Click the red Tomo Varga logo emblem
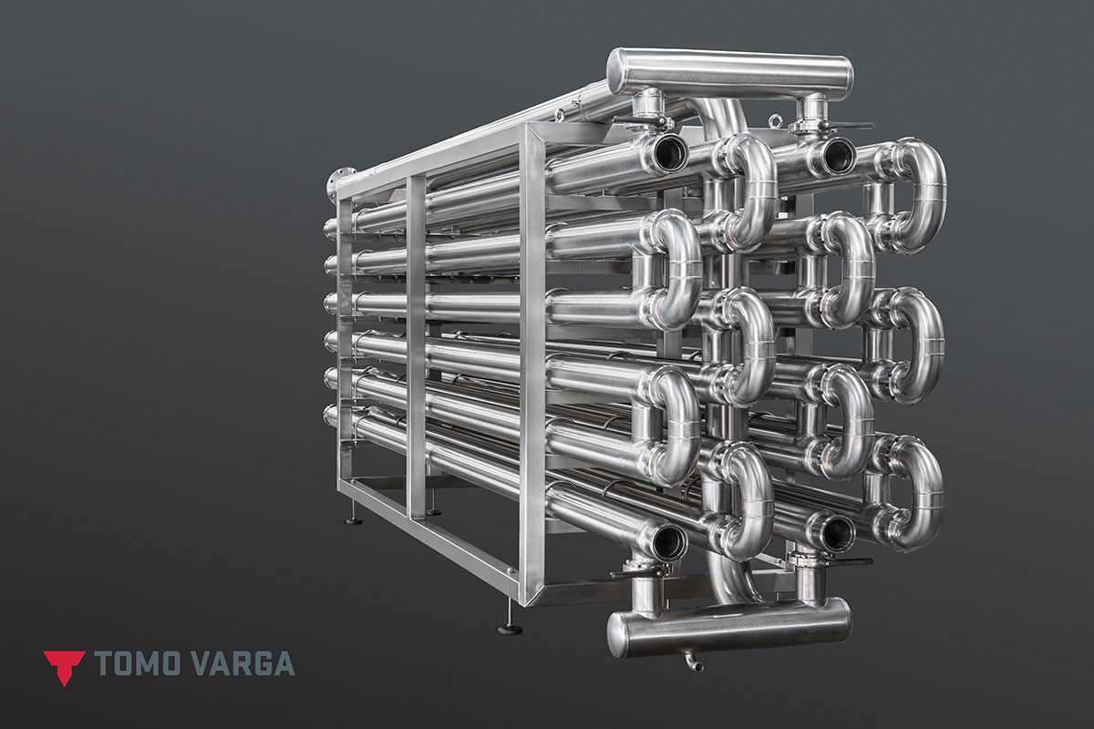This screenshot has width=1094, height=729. click(64, 665)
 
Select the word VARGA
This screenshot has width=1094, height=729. click(242, 663)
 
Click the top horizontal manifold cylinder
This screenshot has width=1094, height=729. click(730, 76)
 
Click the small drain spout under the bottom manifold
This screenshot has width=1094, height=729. click(694, 663)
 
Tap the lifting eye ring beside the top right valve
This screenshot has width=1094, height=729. click(774, 120)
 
